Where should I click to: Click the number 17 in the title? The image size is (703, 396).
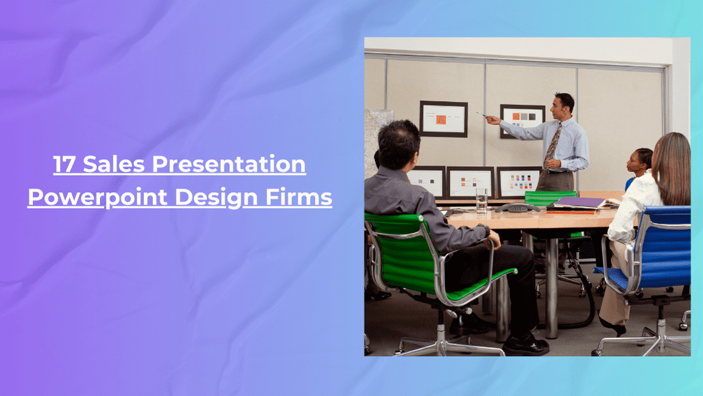tap(65, 165)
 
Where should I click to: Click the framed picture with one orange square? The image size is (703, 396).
tap(442, 119)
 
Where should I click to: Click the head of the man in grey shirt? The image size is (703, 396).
tap(398, 143)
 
